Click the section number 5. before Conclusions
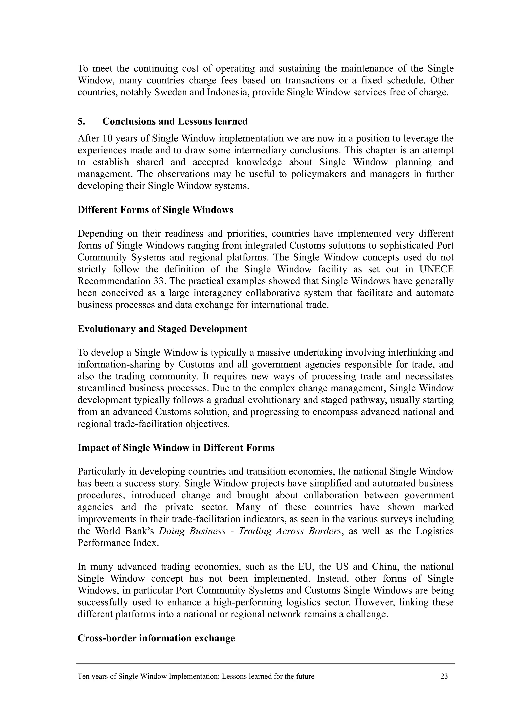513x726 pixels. pos(81,122)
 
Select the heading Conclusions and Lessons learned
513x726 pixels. pos(175,122)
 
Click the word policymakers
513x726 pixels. pos(317,174)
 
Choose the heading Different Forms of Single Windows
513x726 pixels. pos(155,210)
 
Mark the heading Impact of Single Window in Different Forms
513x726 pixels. pos(176,448)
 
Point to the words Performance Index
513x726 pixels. pos(118,543)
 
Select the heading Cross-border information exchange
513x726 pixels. pos(156,638)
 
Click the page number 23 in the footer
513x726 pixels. pos(444,676)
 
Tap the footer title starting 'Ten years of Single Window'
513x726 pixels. pos(196,676)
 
